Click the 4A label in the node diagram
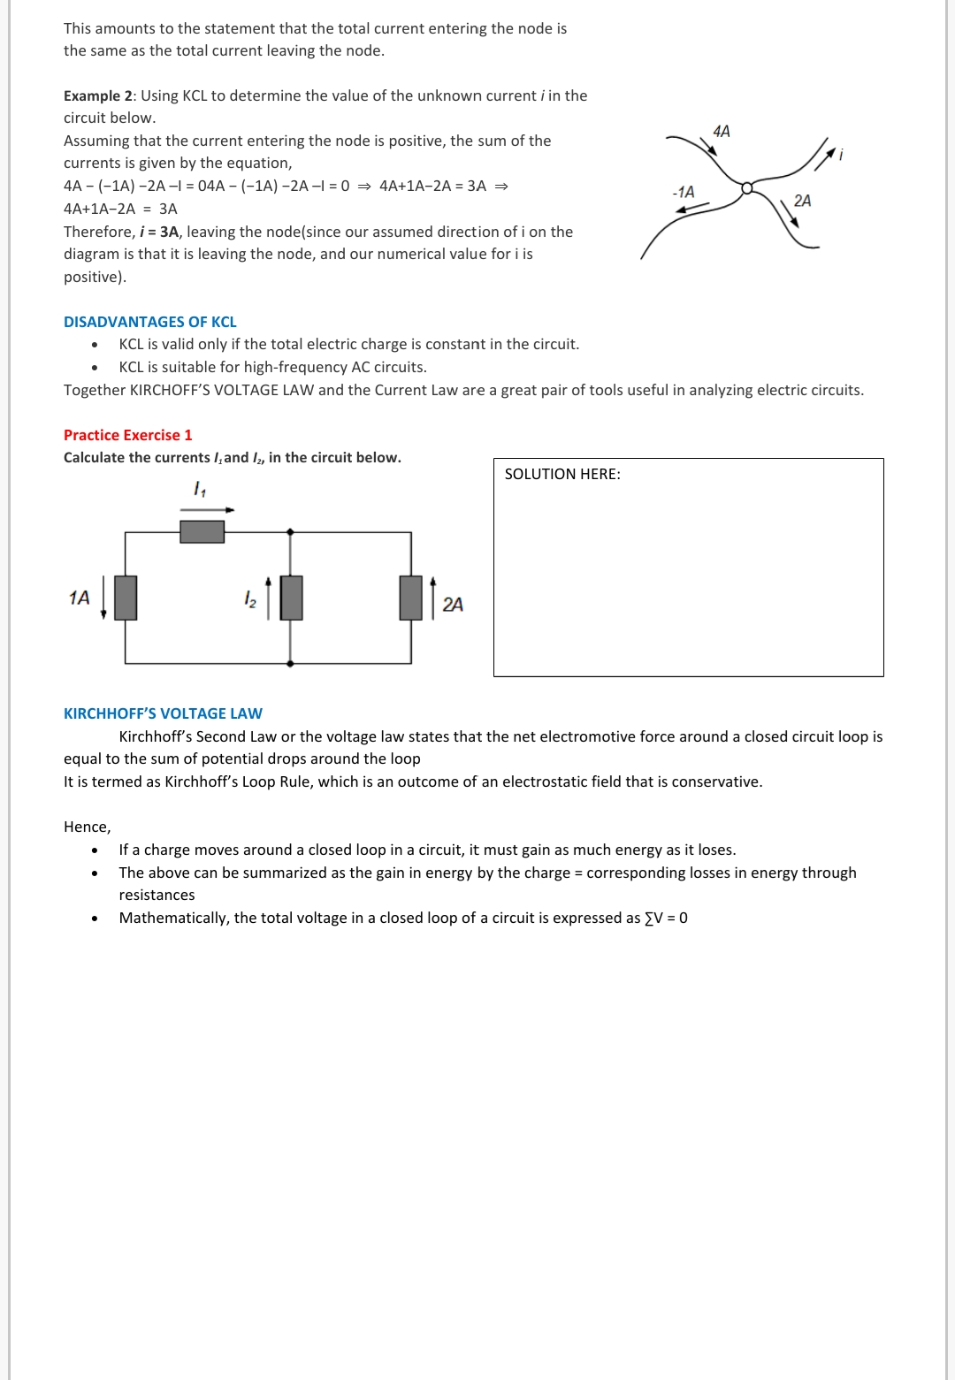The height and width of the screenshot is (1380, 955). click(x=722, y=132)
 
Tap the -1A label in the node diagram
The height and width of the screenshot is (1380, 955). click(x=684, y=192)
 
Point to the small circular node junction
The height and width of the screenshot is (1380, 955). click(x=747, y=187)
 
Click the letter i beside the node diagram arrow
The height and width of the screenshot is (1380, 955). click(x=841, y=155)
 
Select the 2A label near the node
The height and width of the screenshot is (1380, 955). click(x=802, y=201)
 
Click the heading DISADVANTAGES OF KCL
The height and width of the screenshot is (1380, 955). click(x=149, y=322)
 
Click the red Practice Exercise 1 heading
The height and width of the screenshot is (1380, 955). click(x=127, y=435)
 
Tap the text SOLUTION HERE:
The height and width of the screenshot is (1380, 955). click(x=562, y=474)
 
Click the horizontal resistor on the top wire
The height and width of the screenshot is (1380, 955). click(x=202, y=531)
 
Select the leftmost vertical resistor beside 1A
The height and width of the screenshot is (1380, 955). click(x=126, y=598)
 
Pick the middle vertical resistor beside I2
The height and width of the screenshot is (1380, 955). click(x=291, y=598)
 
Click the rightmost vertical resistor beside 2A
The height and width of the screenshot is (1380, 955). click(x=411, y=598)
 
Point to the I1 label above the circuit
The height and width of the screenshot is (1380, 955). click(x=199, y=489)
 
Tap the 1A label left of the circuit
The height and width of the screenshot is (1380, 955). click(x=79, y=598)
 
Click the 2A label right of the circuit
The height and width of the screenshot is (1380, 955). click(x=452, y=605)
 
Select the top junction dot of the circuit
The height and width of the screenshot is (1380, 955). click(x=290, y=532)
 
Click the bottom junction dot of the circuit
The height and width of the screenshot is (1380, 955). click(x=290, y=663)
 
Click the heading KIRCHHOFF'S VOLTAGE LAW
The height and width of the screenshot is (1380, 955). click(x=163, y=713)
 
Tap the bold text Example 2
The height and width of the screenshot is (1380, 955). click(x=98, y=95)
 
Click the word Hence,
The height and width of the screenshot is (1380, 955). click(x=87, y=827)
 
